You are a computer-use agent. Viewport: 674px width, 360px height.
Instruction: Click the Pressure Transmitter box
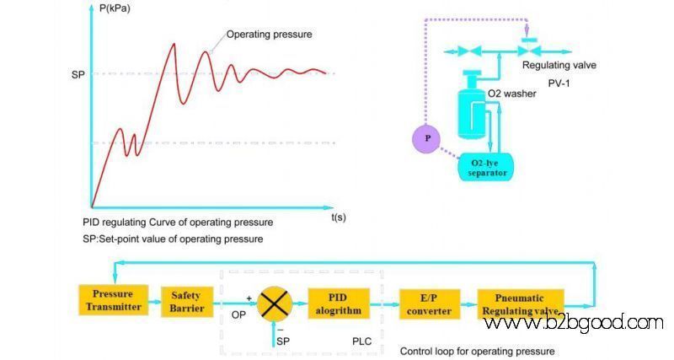coord(114,300)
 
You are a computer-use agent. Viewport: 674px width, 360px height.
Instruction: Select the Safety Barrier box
coord(187,302)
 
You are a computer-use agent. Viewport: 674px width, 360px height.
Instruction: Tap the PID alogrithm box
coord(339,304)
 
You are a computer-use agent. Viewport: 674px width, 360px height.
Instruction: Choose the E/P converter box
coord(430,304)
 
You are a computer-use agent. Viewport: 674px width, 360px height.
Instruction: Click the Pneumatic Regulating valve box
coord(521,304)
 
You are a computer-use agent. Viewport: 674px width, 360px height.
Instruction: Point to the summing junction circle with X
coord(275,304)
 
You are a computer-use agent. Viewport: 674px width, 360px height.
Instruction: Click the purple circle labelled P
coord(427,138)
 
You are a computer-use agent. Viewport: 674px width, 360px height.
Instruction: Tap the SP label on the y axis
coord(78,75)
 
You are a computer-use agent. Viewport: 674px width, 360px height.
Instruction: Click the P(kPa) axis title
coord(115,8)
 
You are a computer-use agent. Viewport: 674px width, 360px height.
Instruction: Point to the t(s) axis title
coord(339,218)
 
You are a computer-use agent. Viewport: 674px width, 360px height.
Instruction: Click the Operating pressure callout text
coord(269,35)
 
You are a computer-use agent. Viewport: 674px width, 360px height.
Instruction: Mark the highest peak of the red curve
coord(174,44)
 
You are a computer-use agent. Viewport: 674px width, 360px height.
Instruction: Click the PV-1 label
coord(559,83)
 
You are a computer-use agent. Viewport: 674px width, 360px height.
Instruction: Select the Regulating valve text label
coord(559,66)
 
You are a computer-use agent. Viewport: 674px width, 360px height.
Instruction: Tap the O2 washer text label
coord(511,94)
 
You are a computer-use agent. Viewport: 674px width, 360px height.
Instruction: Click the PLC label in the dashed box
coord(362,341)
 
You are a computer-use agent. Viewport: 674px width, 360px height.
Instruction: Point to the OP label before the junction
coord(238,315)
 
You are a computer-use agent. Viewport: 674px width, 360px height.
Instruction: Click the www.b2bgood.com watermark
coord(574,323)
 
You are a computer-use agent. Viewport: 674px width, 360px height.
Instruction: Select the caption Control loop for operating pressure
coord(477,352)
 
